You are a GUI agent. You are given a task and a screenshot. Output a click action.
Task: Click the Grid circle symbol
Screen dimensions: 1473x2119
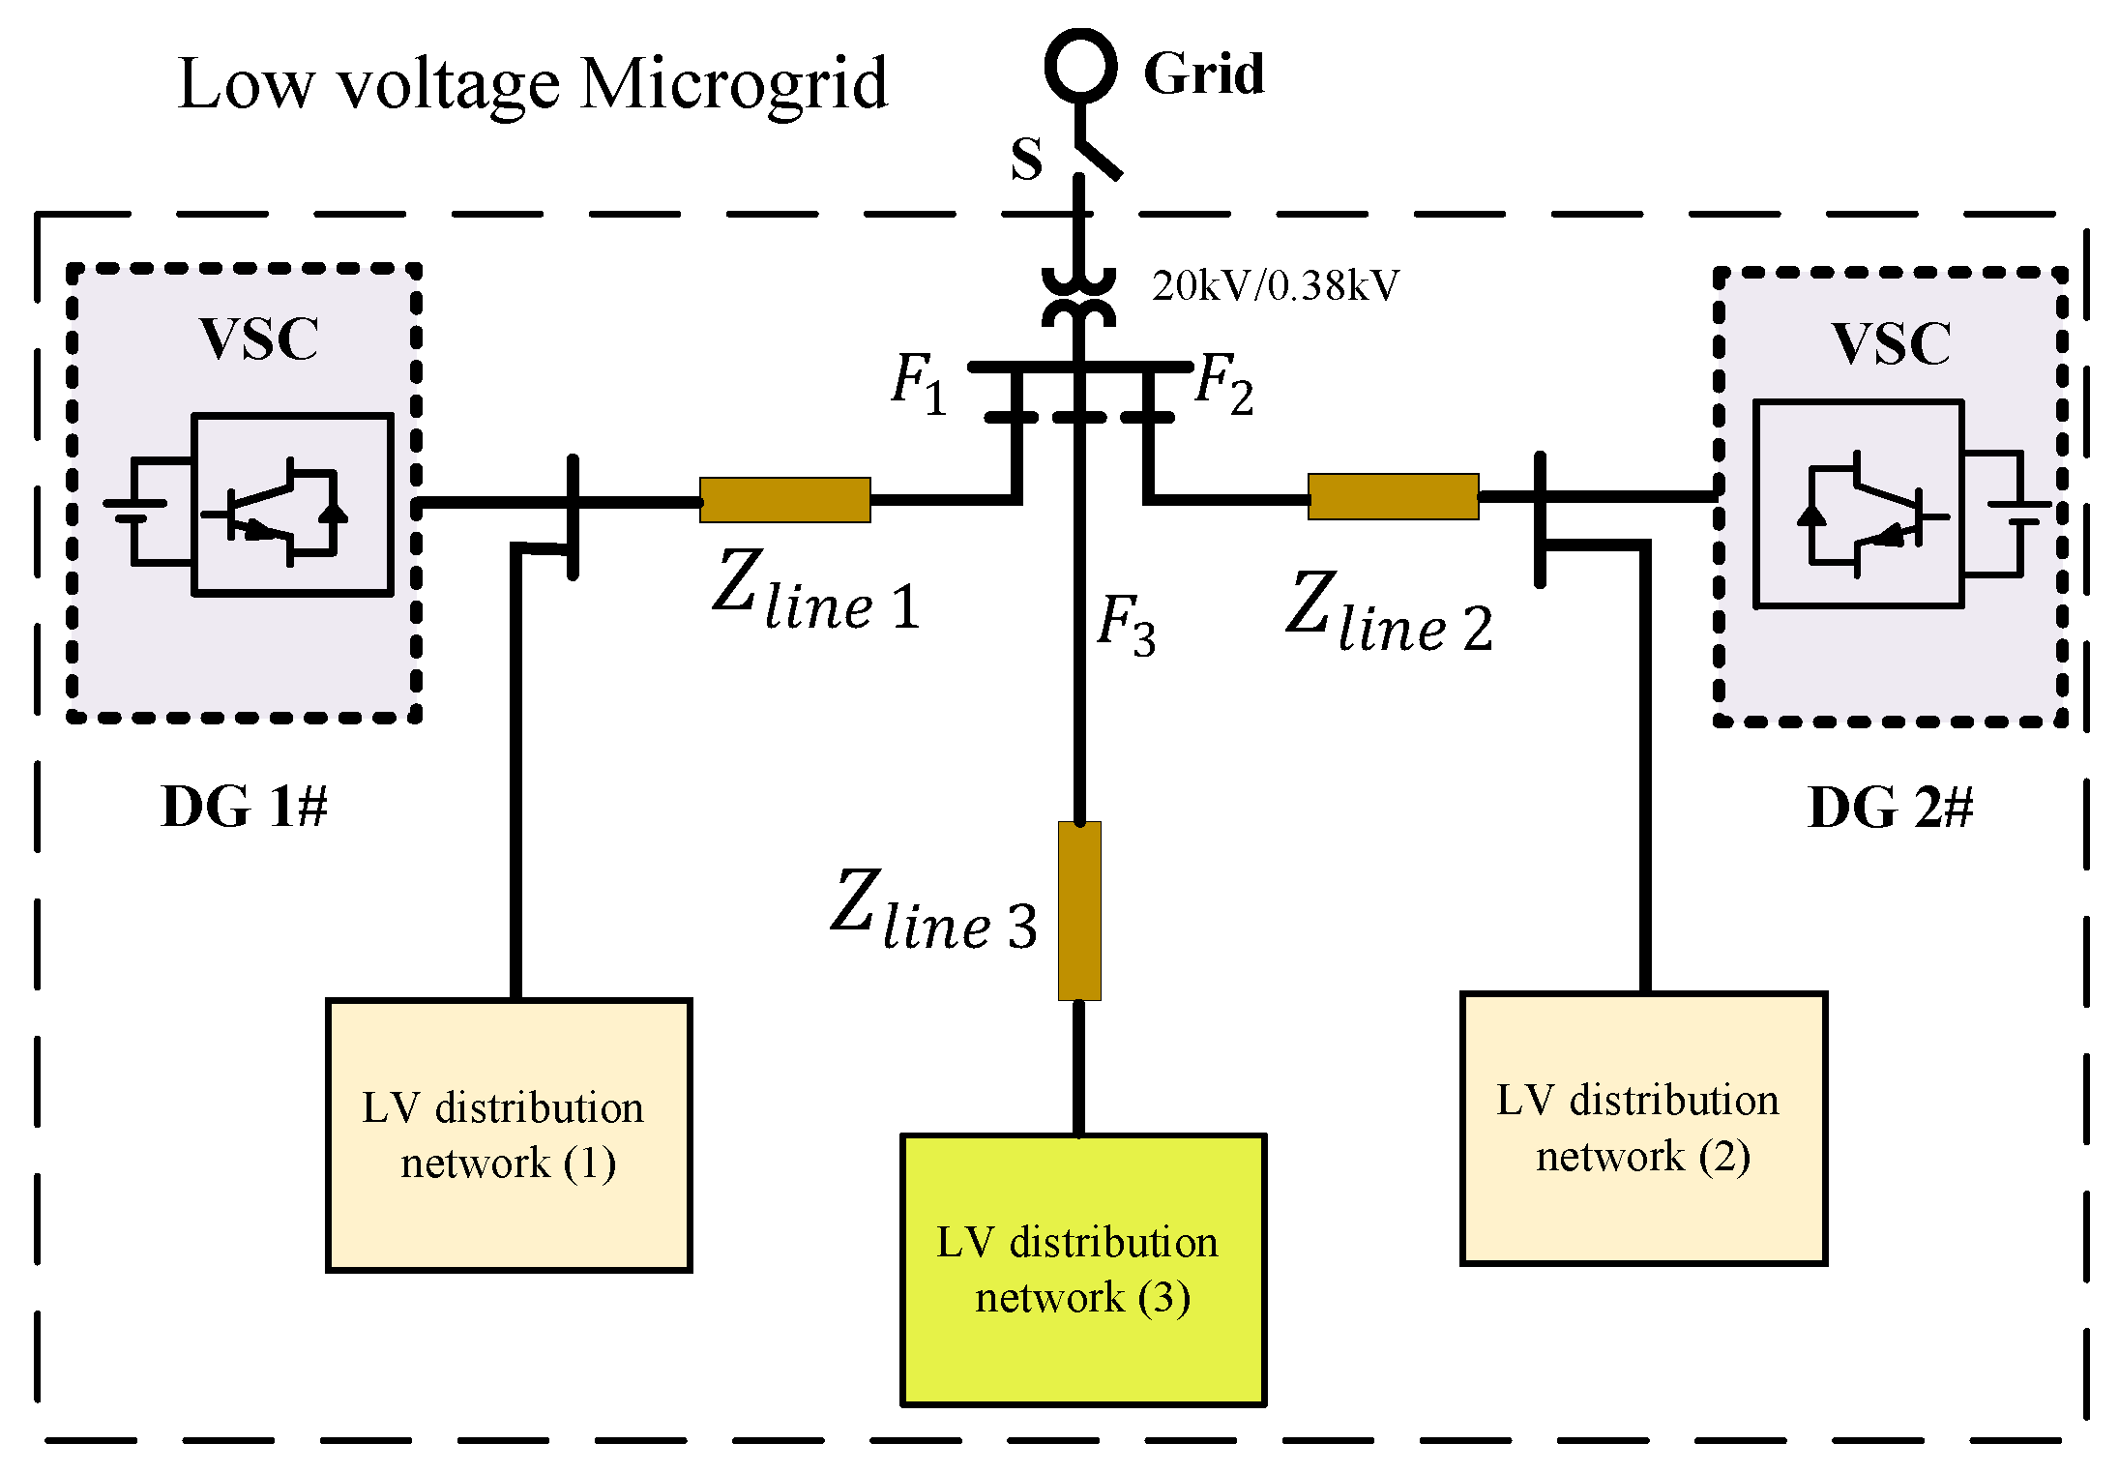coord(1080,66)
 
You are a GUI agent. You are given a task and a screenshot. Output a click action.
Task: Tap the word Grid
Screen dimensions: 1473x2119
coord(1203,74)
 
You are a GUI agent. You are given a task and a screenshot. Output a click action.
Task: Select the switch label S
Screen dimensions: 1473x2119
coord(1026,159)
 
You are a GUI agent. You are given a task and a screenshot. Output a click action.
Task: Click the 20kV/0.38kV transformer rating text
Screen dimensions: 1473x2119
coord(1275,286)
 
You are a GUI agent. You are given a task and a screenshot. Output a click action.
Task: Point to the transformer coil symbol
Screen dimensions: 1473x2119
coord(1078,298)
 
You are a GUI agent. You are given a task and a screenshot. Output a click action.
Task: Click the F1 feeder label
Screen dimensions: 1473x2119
coord(918,383)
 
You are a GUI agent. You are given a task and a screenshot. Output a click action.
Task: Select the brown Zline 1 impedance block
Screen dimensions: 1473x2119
coord(784,500)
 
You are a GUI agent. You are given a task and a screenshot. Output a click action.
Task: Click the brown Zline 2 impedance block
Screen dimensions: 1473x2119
coord(1393,497)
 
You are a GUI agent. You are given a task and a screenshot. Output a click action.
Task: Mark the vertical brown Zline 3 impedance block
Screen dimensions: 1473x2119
coord(1079,910)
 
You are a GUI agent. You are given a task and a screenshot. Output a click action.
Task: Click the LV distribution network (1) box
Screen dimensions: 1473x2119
coord(509,1134)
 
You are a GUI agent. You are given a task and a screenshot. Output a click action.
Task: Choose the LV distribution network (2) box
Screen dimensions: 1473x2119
coord(1643,1128)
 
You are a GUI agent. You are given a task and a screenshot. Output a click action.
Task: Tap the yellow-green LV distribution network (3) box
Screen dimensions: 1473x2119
coord(1083,1269)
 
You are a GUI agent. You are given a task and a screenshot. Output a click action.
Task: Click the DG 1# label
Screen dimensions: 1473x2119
coord(244,807)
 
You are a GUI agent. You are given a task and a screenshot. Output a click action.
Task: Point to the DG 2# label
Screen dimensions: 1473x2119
coord(1890,808)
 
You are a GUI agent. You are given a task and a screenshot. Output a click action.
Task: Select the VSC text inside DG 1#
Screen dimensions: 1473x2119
coord(259,339)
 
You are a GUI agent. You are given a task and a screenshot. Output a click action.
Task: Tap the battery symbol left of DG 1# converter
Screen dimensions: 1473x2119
coord(135,511)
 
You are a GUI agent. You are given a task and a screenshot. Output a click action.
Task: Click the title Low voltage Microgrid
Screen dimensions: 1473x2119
coord(533,84)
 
